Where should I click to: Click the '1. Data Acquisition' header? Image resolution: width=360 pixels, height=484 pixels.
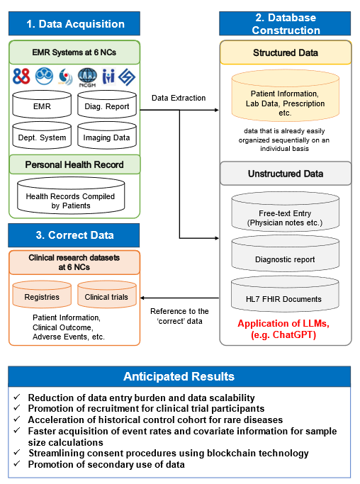pyautogui.click(x=74, y=23)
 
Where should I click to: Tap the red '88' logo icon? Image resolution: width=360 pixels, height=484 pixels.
pyautogui.click(x=21, y=77)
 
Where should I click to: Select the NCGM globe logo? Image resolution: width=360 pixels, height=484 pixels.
pyautogui.click(x=87, y=77)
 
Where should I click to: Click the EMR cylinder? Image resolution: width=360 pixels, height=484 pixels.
pyautogui.click(x=42, y=104)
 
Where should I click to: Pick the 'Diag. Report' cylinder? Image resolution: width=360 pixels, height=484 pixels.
pyautogui.click(x=107, y=104)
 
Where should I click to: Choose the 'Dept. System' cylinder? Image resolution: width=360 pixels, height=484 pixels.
pyautogui.click(x=42, y=135)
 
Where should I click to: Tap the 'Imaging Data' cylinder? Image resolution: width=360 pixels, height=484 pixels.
pyautogui.click(x=107, y=135)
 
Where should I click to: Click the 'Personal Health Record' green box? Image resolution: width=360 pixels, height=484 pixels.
pyautogui.click(x=74, y=164)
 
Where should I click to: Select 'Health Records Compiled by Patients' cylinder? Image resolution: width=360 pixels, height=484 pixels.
pyautogui.click(x=71, y=196)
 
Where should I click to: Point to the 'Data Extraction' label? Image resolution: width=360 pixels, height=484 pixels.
pyautogui.click(x=179, y=98)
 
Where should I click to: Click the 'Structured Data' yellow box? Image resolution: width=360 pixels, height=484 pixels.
pyautogui.click(x=286, y=52)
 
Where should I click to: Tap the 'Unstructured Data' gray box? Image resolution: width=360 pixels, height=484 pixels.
pyautogui.click(x=286, y=174)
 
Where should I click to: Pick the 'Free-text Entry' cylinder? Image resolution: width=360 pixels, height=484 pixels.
pyautogui.click(x=286, y=212)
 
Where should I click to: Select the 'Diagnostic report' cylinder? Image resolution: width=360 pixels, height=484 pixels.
pyautogui.click(x=286, y=254)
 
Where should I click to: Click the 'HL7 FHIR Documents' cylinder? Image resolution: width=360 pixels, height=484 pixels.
pyautogui.click(x=285, y=294)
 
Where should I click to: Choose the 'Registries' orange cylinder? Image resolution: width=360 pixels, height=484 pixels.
pyautogui.click(x=42, y=295)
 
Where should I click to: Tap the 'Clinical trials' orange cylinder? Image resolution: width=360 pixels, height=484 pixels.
pyautogui.click(x=107, y=295)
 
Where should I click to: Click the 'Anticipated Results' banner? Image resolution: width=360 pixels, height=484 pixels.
pyautogui.click(x=179, y=376)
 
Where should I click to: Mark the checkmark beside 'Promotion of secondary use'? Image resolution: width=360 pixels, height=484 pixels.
pyautogui.click(x=17, y=463)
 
